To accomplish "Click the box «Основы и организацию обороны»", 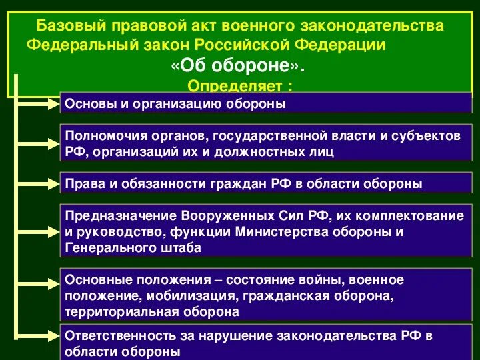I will (267, 103).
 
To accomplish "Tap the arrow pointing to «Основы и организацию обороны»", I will (40, 103).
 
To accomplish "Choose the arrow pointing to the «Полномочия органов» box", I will (40, 142).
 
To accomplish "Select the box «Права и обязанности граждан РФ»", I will (267, 183).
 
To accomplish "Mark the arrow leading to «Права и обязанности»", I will (40, 183).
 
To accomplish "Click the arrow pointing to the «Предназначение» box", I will (40, 231).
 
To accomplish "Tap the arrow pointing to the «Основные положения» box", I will (40, 294).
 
